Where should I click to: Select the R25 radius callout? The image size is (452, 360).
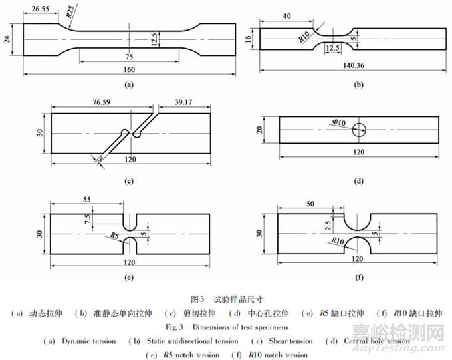[x=70, y=14]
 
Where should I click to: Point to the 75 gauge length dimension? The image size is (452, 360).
[x=130, y=56]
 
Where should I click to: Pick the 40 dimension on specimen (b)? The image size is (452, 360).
[x=286, y=15]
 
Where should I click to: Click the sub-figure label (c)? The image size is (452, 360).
[x=130, y=181]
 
